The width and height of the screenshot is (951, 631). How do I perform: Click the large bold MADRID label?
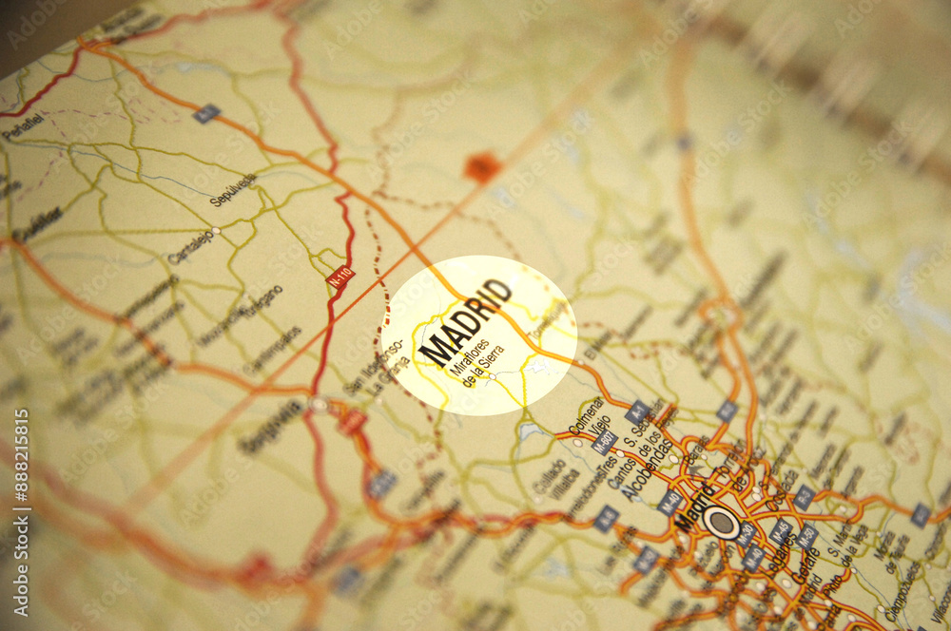coord(465,322)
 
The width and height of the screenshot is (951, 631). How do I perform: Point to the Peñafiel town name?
coord(23,127)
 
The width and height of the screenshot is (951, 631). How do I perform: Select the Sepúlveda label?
coord(233,190)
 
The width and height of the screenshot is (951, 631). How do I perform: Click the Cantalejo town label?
coord(190,246)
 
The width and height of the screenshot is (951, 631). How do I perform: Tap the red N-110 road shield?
coord(340,277)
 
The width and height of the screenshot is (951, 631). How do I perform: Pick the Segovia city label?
coord(271,427)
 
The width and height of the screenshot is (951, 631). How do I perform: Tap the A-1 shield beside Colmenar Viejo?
coord(637,411)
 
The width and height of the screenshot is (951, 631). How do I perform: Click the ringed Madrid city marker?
coord(722,522)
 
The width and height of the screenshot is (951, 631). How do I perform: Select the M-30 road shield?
coord(746,534)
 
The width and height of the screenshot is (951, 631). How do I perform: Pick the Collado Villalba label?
coord(551,480)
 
